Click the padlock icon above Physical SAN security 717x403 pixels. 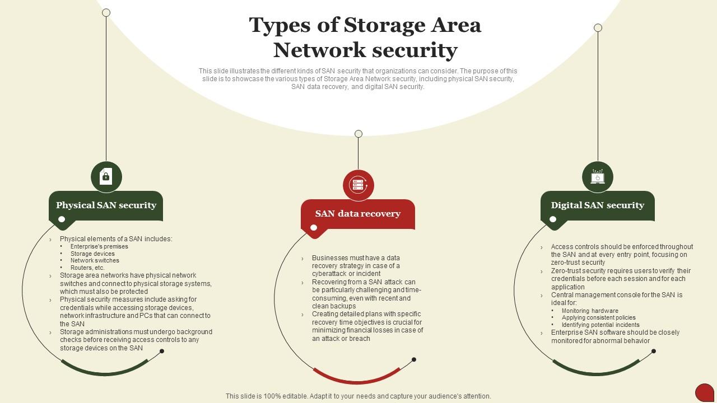coord(106,177)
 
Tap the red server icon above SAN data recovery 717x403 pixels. coord(358,185)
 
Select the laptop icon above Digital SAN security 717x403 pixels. coord(598,177)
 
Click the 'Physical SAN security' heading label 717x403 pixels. coord(106,205)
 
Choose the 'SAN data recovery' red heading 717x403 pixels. coord(358,214)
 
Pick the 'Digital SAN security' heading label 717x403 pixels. coord(598,205)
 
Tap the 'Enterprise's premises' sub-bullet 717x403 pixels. coord(99,246)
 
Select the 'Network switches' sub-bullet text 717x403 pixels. coord(95,260)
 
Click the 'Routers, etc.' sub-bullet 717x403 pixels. coord(87,268)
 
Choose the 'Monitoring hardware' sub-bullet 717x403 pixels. coord(590,311)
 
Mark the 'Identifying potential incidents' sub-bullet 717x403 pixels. coord(600,325)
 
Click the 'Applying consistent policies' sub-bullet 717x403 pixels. coord(598,317)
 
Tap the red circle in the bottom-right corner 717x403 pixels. coord(704,392)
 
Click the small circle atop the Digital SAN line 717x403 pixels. coord(598,28)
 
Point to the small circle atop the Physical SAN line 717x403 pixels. coord(106,12)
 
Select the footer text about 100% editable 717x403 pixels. coord(358,396)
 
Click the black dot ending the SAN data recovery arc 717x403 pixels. coord(414,359)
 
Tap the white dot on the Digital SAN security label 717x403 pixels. coord(553,219)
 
